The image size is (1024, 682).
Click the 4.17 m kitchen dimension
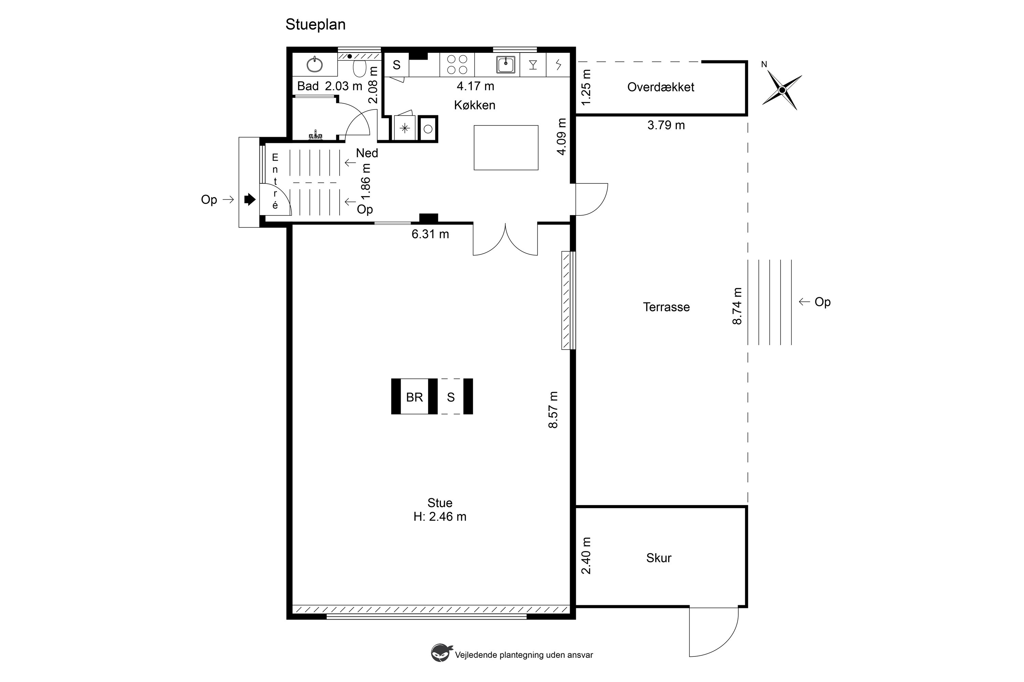pyautogui.click(x=475, y=86)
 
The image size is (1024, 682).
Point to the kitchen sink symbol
pyautogui.click(x=506, y=65)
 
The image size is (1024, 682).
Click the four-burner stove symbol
pyautogui.click(x=457, y=65)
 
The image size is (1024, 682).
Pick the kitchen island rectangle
pyautogui.click(x=506, y=147)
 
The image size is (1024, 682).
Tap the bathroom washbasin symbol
pyautogui.click(x=315, y=65)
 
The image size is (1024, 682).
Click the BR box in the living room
pyautogui.click(x=414, y=397)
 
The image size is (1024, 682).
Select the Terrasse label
pyautogui.click(x=666, y=307)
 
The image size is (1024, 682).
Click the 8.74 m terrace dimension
pyautogui.click(x=737, y=306)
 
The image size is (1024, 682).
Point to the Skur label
pyautogui.click(x=659, y=558)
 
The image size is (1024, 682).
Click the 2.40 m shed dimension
pyautogui.click(x=586, y=555)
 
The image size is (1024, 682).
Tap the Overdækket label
pyautogui.click(x=660, y=87)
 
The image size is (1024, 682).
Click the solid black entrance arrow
pyautogui.click(x=250, y=199)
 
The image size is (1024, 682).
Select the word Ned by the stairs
pyautogui.click(x=367, y=153)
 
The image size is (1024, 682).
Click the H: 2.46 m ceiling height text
pyautogui.click(x=440, y=517)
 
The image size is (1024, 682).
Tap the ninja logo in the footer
pyautogui.click(x=440, y=653)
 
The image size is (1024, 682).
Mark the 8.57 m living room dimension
pyautogui.click(x=553, y=410)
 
